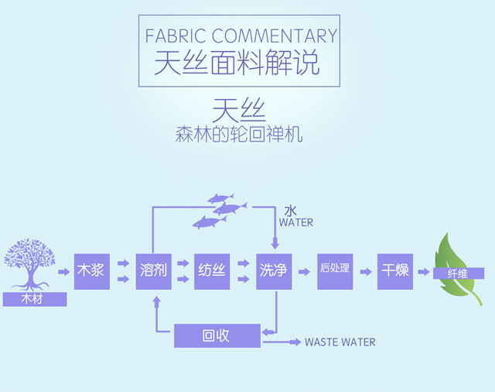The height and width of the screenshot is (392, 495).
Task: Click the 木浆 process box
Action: (91, 271)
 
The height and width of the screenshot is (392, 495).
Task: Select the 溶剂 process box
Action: (153, 271)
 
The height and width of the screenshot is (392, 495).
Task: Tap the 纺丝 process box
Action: (213, 271)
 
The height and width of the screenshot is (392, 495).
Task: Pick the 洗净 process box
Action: (274, 271)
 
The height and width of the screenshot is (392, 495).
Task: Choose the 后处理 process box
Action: (335, 271)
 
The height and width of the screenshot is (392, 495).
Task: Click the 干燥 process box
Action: (394, 271)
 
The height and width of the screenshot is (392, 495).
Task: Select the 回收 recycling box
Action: (217, 336)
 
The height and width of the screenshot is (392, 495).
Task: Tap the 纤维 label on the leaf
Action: (459, 273)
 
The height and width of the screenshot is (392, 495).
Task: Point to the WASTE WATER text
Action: (340, 342)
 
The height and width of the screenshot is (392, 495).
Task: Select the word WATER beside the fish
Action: (296, 223)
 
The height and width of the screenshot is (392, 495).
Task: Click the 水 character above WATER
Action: (290, 210)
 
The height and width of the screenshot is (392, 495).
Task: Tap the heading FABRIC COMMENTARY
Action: (241, 36)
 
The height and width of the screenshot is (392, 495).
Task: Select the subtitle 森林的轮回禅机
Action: (239, 135)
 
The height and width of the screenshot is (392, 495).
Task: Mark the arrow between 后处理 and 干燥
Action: (365, 271)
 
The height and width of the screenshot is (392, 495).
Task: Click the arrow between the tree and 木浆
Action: (63, 271)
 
